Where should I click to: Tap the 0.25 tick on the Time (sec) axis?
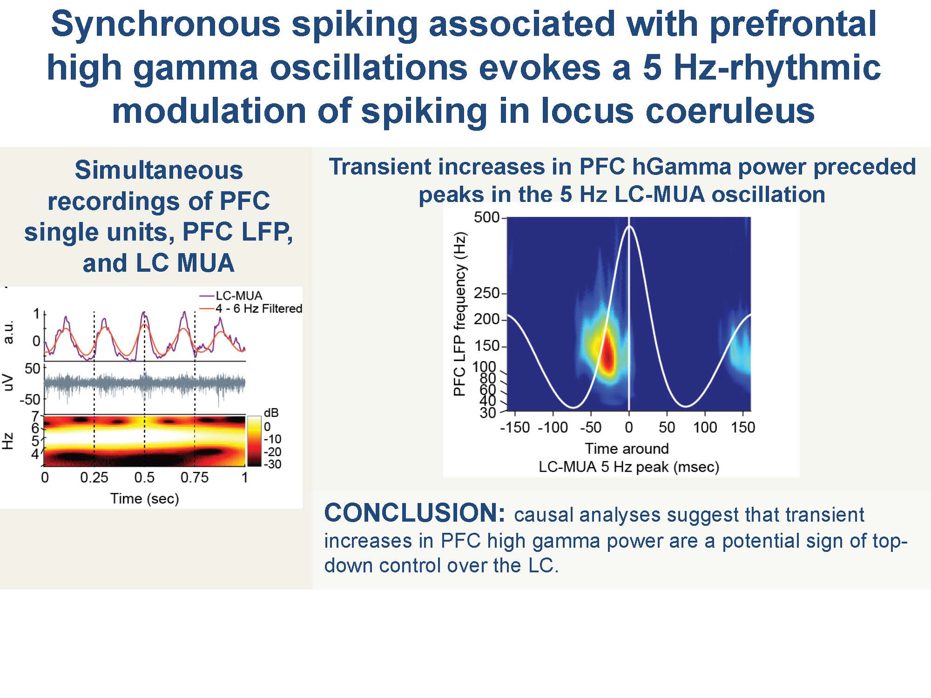pos(94,477)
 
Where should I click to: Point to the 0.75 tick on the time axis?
pos(195,477)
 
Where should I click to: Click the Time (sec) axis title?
pos(144,499)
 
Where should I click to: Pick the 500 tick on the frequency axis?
pos(486,217)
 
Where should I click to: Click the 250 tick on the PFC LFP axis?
pos(486,293)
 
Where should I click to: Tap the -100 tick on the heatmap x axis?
pos(553,427)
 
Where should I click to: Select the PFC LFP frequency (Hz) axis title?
pos(459,314)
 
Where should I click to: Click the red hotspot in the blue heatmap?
pos(607,354)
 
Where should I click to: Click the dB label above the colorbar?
pos(271,413)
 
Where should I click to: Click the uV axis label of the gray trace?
pos(8,383)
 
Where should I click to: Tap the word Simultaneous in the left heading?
pos(159,170)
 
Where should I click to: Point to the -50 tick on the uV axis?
pos(30,399)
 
